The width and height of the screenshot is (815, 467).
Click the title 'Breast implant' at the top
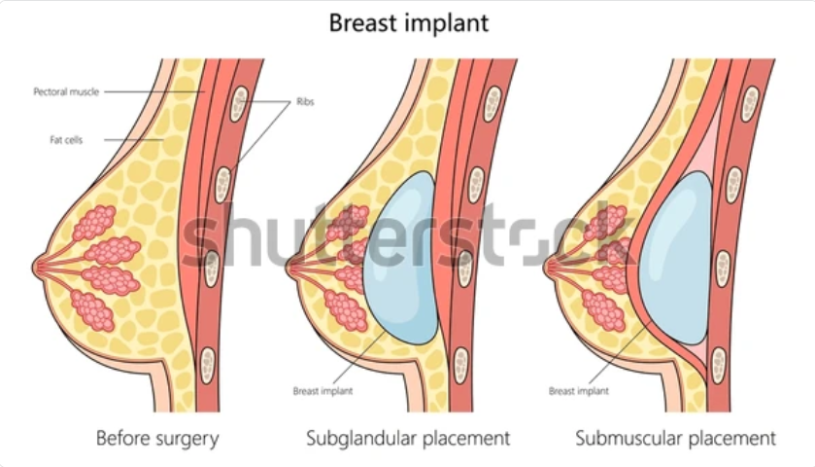click(409, 23)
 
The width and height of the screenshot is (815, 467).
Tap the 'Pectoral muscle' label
click(66, 92)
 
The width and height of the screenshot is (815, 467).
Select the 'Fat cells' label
click(66, 140)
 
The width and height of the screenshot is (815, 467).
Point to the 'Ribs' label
click(305, 101)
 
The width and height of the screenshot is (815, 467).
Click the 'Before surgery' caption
click(157, 438)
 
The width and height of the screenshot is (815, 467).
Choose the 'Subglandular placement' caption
click(408, 438)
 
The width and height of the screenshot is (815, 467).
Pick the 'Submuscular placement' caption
click(675, 438)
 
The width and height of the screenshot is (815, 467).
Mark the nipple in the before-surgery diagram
click(38, 268)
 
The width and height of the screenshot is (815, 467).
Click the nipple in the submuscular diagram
click(549, 268)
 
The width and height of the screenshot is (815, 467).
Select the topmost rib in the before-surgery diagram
click(239, 104)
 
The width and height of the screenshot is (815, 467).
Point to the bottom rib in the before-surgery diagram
click(207, 366)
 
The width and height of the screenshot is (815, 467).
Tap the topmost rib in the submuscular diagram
click(750, 104)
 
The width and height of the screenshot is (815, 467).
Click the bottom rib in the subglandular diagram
click(460, 366)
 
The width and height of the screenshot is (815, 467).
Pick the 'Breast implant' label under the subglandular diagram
click(323, 391)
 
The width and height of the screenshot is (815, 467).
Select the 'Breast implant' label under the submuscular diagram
click(579, 391)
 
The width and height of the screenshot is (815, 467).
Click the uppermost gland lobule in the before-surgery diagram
click(95, 223)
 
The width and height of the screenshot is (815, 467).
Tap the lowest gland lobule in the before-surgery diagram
click(92, 310)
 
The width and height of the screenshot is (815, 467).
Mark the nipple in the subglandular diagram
click(291, 268)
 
